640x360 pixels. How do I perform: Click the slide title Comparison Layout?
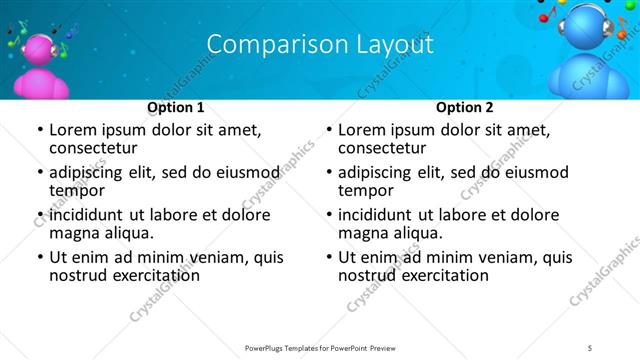(x=320, y=45)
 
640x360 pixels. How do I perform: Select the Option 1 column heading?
(x=176, y=107)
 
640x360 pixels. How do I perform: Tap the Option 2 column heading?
(x=464, y=107)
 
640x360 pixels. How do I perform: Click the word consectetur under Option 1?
(x=95, y=148)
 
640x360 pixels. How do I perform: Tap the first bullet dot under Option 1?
(x=39, y=130)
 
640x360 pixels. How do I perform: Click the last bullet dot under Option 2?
(x=328, y=257)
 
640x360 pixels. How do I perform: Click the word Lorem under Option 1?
(x=73, y=129)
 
